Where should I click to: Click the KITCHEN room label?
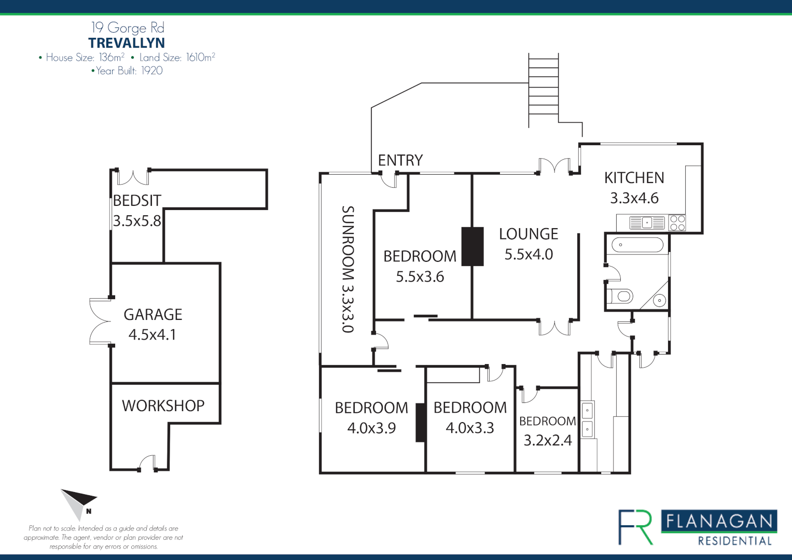(634, 178)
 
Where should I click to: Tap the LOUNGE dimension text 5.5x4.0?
(529, 255)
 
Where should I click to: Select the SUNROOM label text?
(348, 269)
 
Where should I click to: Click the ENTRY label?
(400, 160)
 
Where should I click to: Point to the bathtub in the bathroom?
(637, 245)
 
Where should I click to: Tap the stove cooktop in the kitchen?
(677, 223)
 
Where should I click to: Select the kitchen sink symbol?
(647, 223)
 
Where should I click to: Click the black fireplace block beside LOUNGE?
(473, 246)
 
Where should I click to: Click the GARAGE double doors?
(100, 321)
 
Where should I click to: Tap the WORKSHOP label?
(163, 405)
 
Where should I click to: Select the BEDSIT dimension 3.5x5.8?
(137, 221)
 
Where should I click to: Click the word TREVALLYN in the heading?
(127, 43)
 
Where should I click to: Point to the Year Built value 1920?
(152, 71)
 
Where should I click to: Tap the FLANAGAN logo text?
(719, 521)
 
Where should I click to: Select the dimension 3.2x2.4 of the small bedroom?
(547, 440)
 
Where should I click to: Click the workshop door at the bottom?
(147, 463)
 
